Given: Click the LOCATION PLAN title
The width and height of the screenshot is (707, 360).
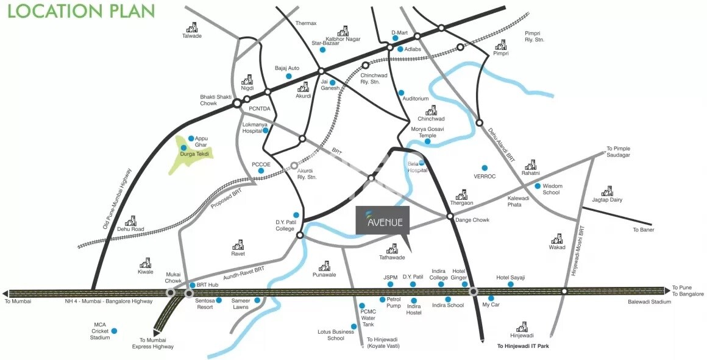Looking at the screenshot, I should (x=81, y=11).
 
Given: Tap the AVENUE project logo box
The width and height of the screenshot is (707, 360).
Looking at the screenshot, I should (x=383, y=219).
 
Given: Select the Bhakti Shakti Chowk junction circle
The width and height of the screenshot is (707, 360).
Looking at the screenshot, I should (x=236, y=104).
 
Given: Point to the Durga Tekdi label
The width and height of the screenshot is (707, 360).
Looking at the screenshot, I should (x=194, y=154).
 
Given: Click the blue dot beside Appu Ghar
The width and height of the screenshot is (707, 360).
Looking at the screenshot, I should (x=191, y=139).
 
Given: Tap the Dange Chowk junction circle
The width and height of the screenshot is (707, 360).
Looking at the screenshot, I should (x=450, y=216).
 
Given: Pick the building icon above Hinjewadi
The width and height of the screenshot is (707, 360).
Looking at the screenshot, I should (x=522, y=326).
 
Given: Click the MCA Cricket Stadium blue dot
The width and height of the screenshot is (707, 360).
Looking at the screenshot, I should (x=114, y=331).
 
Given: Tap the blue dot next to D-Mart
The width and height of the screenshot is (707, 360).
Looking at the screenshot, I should (x=395, y=40).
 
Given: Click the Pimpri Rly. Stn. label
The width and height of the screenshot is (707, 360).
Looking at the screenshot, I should (x=534, y=37).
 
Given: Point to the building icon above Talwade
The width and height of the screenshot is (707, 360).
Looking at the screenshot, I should (x=192, y=27).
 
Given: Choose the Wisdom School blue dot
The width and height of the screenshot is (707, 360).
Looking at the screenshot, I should (x=538, y=186).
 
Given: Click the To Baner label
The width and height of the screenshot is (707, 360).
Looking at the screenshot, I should (x=643, y=230).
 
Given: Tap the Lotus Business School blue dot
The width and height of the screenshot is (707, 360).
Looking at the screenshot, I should (x=353, y=326).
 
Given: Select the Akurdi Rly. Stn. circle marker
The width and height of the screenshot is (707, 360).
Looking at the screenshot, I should (x=294, y=164).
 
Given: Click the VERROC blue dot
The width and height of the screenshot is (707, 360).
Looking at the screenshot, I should (x=485, y=168).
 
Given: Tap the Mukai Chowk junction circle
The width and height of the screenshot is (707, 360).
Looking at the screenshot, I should (x=171, y=293).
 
